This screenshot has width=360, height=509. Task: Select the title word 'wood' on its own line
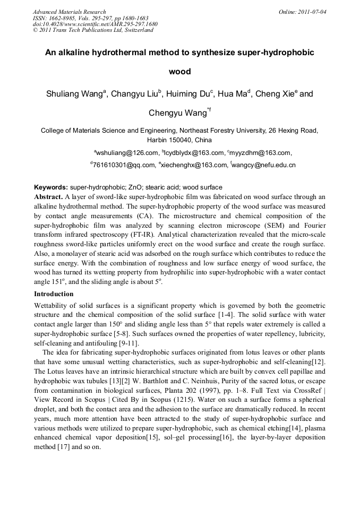click(179, 71)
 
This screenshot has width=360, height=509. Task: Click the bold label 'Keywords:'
click(51, 187)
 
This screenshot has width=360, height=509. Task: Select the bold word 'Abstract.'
click(48, 196)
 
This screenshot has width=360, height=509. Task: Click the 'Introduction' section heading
click(54, 294)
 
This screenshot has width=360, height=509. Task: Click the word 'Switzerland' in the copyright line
click(138, 30)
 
